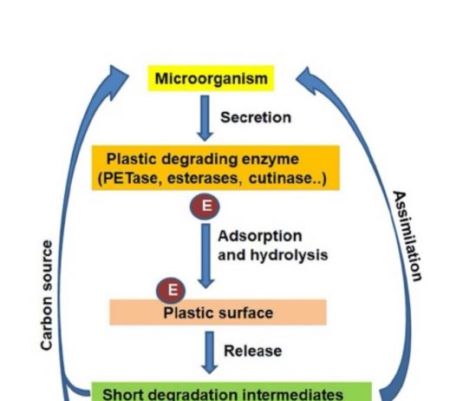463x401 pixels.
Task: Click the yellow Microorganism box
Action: (211, 78)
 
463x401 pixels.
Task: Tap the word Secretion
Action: (256, 117)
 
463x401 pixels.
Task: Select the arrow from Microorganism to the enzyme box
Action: (205, 118)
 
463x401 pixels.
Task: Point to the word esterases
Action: (203, 178)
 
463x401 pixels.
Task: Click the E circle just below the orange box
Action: (205, 207)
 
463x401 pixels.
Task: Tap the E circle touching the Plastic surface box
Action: (171, 291)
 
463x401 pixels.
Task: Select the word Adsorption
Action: (260, 236)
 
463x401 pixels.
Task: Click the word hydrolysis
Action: (289, 254)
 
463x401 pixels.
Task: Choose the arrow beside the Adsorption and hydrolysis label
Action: (205, 256)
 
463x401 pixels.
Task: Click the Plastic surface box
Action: (218, 312)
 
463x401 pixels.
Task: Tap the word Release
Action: (253, 351)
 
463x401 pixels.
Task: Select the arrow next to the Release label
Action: (209, 352)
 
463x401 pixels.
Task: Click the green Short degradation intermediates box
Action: (231, 391)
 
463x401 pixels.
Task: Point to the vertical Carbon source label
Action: (47, 295)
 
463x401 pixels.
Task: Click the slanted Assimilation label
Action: (408, 236)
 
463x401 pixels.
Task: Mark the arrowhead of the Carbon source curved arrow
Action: (117, 80)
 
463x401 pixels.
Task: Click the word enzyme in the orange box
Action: (271, 160)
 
